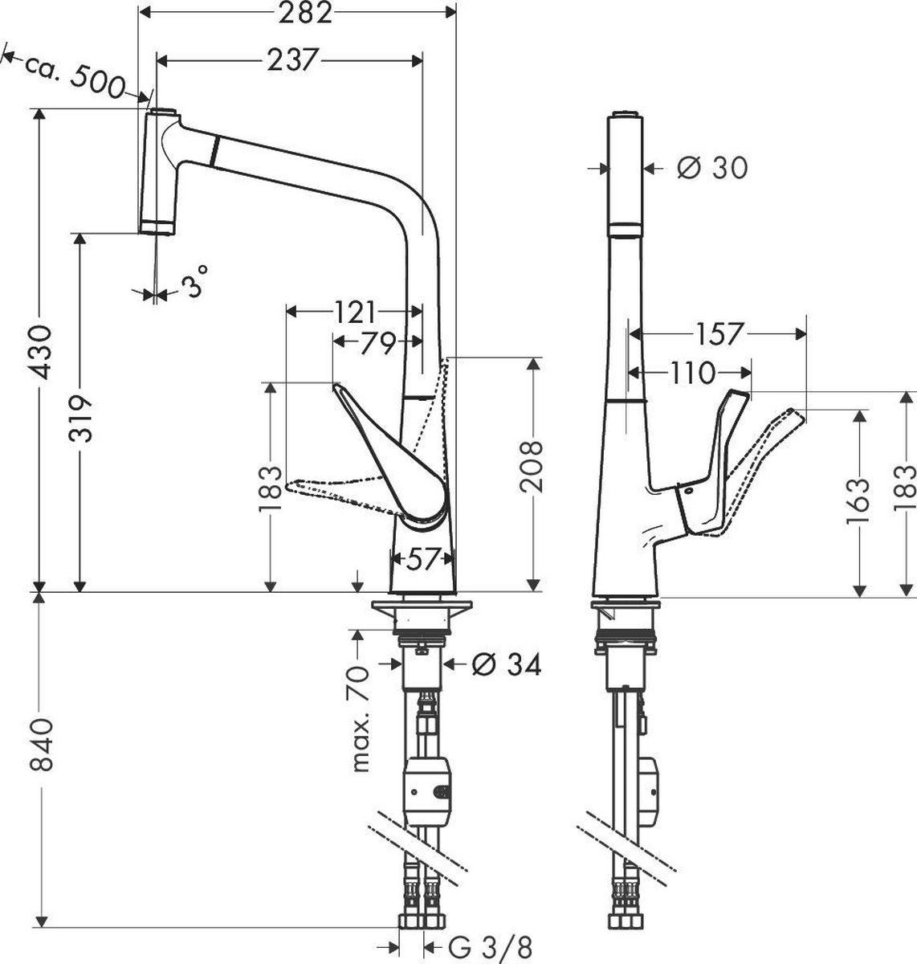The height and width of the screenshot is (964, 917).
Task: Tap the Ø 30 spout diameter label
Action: click(711, 168)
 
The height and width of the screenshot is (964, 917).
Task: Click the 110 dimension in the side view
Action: click(691, 372)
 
